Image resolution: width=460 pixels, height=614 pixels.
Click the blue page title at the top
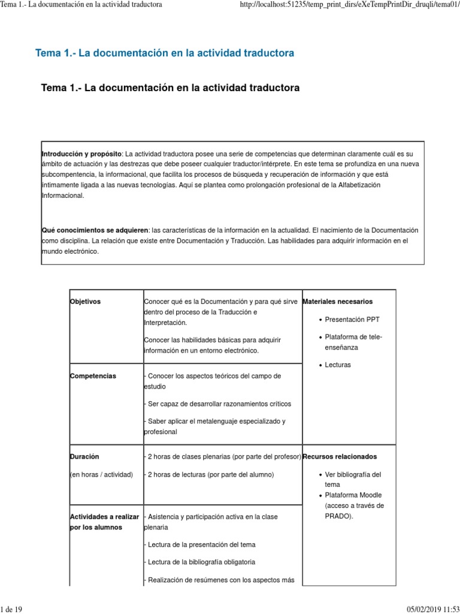pyautogui.click(x=165, y=53)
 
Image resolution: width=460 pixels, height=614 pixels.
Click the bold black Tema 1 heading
pyautogui.click(x=170, y=88)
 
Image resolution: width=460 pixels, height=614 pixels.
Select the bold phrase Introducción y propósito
pyautogui.click(x=81, y=153)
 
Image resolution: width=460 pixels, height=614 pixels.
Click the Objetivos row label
pyautogui.click(x=85, y=301)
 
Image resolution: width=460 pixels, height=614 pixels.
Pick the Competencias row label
pyautogui.click(x=93, y=376)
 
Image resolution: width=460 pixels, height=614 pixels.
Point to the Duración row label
pyautogui.click(x=84, y=456)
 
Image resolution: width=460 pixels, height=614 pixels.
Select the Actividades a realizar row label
pyautogui.click(x=104, y=516)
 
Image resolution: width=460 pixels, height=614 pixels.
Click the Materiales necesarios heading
pyautogui.click(x=338, y=301)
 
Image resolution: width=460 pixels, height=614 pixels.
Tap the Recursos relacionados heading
pyautogui.click(x=340, y=456)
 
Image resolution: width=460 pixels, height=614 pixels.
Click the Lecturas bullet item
pyautogui.click(x=338, y=365)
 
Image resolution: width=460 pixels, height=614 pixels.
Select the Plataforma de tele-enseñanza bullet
pyautogui.click(x=353, y=342)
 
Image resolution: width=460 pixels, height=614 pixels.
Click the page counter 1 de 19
pyautogui.click(x=11, y=609)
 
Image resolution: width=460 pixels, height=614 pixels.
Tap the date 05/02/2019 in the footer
pyautogui.click(x=424, y=609)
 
